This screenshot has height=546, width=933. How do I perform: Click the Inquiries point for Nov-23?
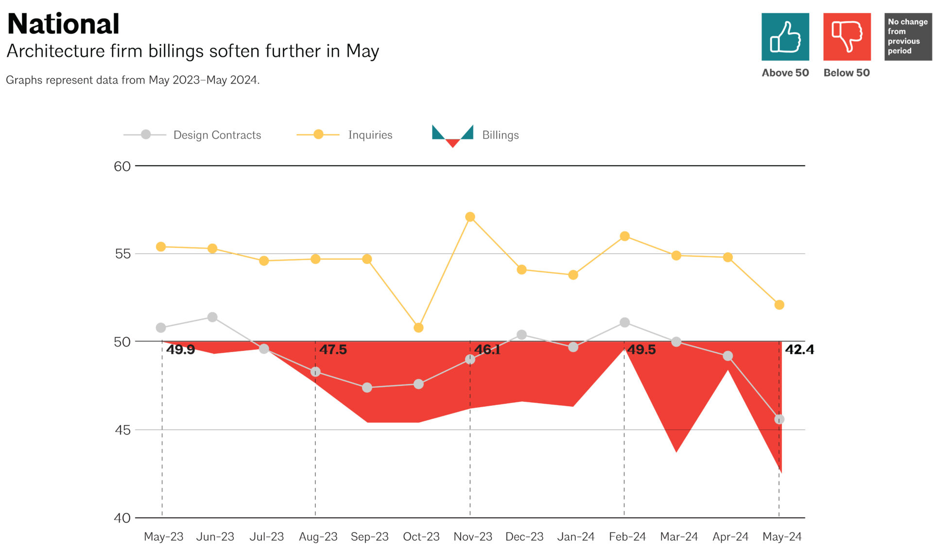[470, 217]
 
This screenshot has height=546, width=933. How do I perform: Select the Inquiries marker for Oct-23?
[418, 328]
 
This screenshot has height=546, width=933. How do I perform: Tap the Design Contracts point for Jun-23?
[212, 317]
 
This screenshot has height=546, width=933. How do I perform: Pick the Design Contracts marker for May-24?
[779, 419]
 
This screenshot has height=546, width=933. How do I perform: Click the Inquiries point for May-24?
[779, 305]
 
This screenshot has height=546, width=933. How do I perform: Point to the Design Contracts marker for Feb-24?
[624, 322]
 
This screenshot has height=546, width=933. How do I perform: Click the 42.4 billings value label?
[799, 349]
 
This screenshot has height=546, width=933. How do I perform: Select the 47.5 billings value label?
[333, 349]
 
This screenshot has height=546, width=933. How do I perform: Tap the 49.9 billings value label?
[180, 349]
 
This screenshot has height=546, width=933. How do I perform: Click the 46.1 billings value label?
[487, 349]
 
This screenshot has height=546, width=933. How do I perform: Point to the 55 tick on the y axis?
[122, 254]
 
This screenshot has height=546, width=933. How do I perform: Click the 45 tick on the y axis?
[122, 430]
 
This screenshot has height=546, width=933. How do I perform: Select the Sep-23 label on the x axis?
[369, 537]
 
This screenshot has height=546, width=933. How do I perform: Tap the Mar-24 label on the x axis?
[678, 537]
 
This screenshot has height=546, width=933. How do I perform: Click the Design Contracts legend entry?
[217, 135]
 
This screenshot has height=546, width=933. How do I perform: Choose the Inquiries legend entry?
[370, 135]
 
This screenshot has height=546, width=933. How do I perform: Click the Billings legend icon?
[452, 135]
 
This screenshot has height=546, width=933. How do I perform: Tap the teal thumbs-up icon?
[785, 37]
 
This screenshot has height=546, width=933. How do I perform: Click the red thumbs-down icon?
[847, 37]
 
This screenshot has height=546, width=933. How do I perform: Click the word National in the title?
[63, 24]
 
